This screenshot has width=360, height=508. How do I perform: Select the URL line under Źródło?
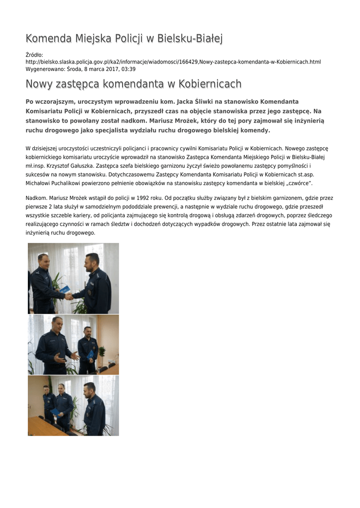[x=173, y=62]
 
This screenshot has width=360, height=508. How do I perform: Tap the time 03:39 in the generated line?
[x=129, y=69]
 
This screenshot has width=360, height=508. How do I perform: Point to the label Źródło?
[x=34, y=55]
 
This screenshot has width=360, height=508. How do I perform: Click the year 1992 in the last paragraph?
[x=141, y=198]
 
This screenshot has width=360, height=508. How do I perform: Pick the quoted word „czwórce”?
[x=297, y=183]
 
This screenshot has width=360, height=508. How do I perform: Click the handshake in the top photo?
[x=69, y=296]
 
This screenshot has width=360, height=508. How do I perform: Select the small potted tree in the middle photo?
[x=101, y=355]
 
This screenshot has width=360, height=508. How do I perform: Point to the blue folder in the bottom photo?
[x=56, y=411]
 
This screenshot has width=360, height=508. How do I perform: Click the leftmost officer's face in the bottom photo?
[x=47, y=390]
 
